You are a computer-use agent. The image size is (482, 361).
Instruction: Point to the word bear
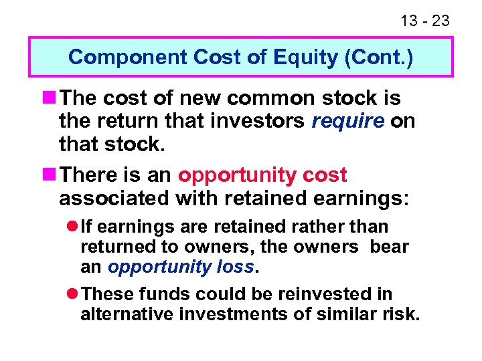(389, 247)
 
